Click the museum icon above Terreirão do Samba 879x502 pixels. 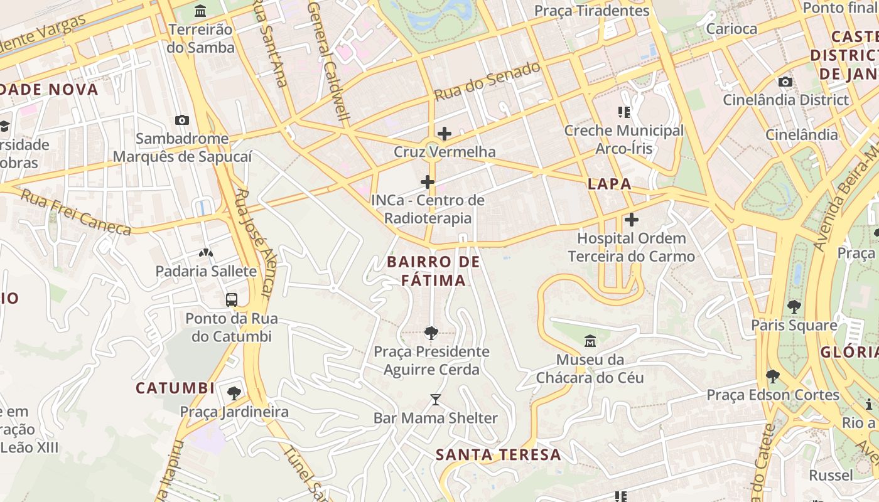[200, 11]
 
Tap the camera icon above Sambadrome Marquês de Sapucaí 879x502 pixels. [182, 120]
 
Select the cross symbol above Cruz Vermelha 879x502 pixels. [445, 133]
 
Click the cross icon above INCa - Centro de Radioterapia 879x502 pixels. [428, 182]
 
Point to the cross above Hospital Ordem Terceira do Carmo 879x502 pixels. [632, 220]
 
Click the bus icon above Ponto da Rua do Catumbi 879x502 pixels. [232, 299]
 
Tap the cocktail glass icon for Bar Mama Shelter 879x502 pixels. [435, 399]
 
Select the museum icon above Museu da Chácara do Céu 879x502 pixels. [590, 341]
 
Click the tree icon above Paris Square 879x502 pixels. [794, 306]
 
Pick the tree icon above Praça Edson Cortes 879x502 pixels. [773, 376]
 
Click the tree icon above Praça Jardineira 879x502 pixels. [234, 393]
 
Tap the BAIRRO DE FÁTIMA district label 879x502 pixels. [433, 271]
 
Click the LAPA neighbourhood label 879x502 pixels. [609, 184]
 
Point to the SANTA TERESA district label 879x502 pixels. [498, 454]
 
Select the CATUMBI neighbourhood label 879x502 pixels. [175, 388]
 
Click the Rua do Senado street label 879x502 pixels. [487, 82]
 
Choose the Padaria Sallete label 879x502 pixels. [206, 271]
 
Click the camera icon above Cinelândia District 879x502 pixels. [785, 82]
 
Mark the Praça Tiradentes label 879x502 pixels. [591, 11]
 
